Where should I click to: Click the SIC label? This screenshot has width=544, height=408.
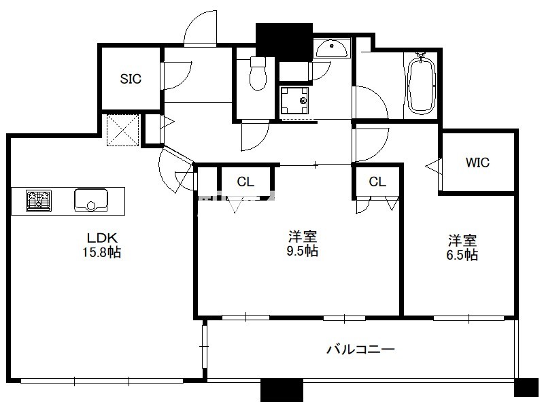131,79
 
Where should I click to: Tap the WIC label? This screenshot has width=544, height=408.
477,162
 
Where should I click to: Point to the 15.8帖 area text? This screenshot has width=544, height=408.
101,252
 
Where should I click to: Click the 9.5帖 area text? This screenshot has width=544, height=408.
303,250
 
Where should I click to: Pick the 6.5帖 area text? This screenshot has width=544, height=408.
462,254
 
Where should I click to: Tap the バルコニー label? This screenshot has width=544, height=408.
361,349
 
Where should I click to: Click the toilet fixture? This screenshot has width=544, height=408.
258,73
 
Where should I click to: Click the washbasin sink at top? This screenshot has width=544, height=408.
331,49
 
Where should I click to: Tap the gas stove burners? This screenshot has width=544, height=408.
39,201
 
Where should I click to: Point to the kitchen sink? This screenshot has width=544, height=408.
91,200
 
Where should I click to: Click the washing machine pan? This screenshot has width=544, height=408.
294,101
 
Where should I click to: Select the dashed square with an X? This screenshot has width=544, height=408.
123,130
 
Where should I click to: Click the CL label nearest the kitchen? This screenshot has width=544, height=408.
245,182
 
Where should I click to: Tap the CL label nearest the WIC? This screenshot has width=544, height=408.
377,182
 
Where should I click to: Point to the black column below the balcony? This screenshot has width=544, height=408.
282,390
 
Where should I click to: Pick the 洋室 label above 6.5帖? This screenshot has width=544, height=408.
462,241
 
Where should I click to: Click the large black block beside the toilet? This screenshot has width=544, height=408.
284,42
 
